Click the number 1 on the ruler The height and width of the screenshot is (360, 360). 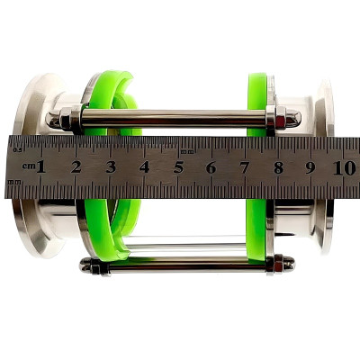[41, 166]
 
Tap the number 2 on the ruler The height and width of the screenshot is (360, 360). [76, 166]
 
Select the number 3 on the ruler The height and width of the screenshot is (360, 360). [111, 167]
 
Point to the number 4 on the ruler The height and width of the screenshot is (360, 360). [144, 167]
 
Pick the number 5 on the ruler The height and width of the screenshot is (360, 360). [178, 167]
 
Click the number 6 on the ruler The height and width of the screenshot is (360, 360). [211, 167]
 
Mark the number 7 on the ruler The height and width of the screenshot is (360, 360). [245, 167]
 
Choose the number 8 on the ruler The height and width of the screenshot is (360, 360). [278, 167]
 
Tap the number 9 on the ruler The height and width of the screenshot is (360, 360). [310, 167]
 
